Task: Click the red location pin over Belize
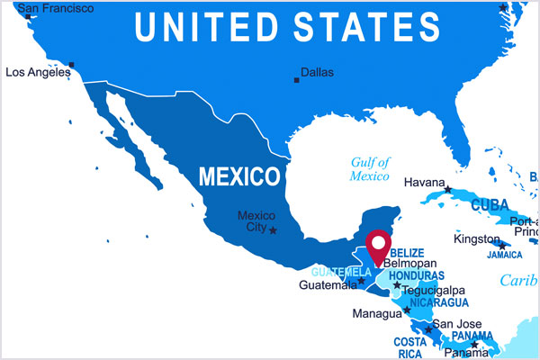(379, 244)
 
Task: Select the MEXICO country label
(238, 175)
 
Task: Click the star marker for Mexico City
(274, 230)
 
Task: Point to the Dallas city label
(317, 72)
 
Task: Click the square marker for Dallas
(296, 81)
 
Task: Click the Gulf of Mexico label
(370, 169)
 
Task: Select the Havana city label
(425, 182)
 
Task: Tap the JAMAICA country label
(504, 255)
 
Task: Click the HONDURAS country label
(418, 275)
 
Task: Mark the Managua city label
(376, 314)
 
